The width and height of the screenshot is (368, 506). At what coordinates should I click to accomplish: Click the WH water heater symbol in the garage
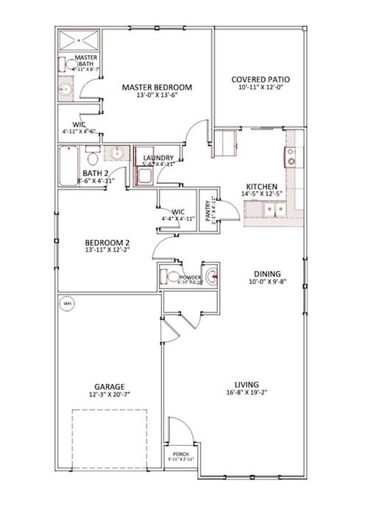(67, 302)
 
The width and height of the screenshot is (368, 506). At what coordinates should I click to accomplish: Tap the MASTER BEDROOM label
(157, 88)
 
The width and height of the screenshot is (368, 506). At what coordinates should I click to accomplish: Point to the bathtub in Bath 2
(68, 157)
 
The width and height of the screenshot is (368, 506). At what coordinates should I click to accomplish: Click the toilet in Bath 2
(91, 157)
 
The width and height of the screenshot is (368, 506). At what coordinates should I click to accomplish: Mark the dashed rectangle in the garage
(109, 435)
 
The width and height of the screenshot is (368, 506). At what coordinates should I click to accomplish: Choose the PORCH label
(180, 455)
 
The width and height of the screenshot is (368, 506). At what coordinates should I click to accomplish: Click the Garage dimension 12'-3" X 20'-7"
(108, 395)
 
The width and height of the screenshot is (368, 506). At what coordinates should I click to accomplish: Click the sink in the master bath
(66, 90)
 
